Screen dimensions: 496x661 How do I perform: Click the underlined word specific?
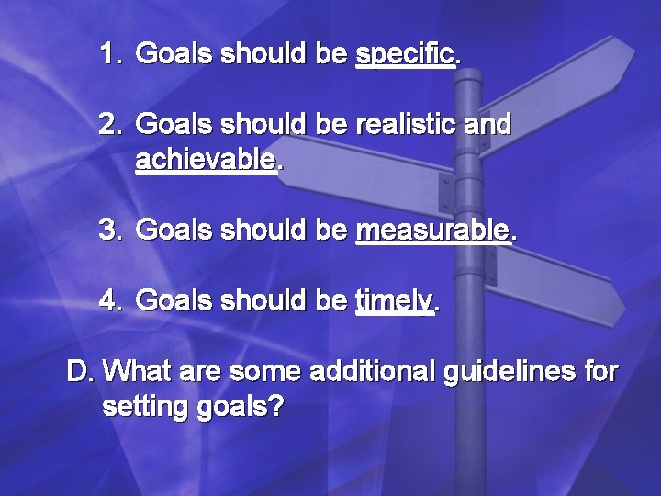(x=405, y=54)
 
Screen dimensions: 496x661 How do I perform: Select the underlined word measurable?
(x=431, y=230)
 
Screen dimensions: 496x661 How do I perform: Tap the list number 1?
(x=110, y=54)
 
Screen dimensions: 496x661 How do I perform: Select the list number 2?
(x=110, y=124)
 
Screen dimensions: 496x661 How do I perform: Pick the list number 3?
(x=110, y=230)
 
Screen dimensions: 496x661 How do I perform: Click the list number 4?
(x=110, y=300)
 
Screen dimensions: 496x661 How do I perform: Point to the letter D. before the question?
(x=82, y=372)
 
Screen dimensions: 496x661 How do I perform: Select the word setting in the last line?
(x=147, y=407)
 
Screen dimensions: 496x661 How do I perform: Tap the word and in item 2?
(x=487, y=124)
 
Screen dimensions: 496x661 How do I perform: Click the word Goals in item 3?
(x=174, y=230)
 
